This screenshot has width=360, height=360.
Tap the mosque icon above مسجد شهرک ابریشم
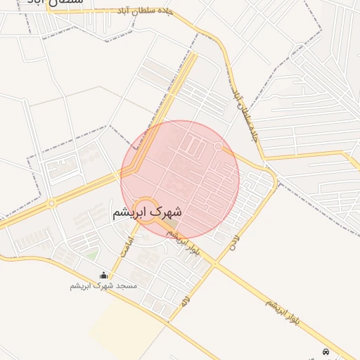tap(104, 275)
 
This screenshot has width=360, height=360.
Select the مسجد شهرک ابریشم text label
tap(103, 285)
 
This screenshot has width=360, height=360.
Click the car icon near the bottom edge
tap(325, 351)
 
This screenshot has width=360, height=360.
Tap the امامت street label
tap(126, 245)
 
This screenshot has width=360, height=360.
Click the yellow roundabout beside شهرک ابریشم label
tap(146, 210)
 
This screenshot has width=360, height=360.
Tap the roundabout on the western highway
tap(51, 204)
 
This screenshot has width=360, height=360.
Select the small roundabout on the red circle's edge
tap(219, 146)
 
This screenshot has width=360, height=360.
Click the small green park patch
tap(92, 255)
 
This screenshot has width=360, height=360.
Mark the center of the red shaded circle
tap(180, 180)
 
